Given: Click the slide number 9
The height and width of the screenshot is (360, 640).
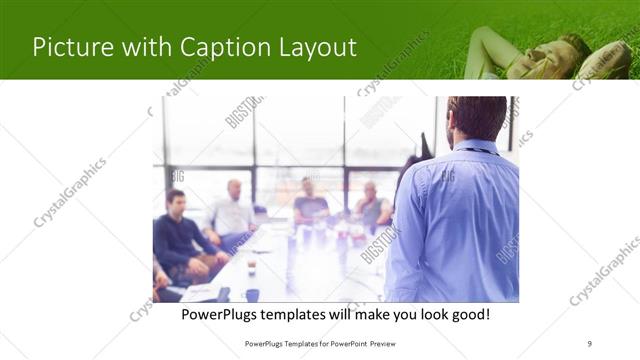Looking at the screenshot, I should pos(590,343).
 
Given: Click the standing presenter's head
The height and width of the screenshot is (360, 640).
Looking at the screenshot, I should pos(475,119).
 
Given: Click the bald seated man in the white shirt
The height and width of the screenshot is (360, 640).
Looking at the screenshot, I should pos(233,214).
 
